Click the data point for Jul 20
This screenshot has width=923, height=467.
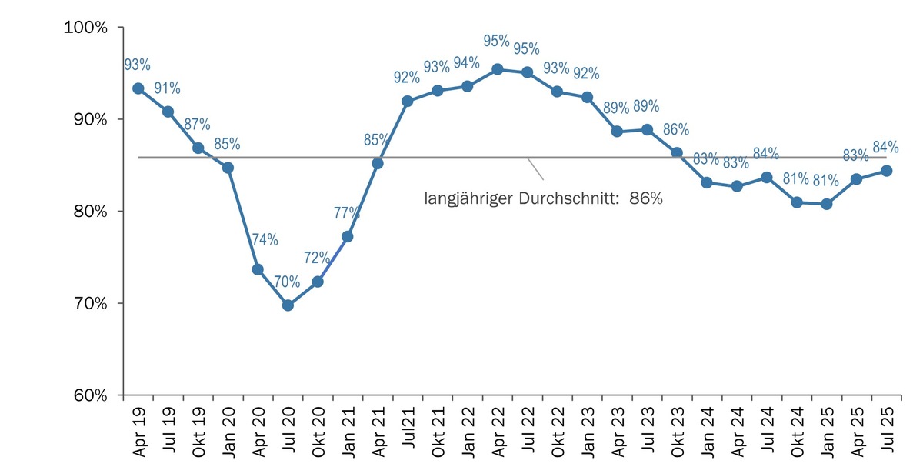click(288, 305)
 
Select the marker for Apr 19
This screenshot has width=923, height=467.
click(138, 88)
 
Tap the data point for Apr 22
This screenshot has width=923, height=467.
click(498, 69)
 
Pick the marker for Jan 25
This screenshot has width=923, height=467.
click(826, 204)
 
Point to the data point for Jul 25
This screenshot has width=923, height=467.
click(886, 171)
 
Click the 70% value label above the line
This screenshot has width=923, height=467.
click(287, 282)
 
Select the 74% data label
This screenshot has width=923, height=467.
click(265, 239)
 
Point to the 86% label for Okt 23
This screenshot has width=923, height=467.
click(676, 128)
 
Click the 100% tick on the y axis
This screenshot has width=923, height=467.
click(89, 28)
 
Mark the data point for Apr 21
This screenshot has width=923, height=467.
click(378, 163)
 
